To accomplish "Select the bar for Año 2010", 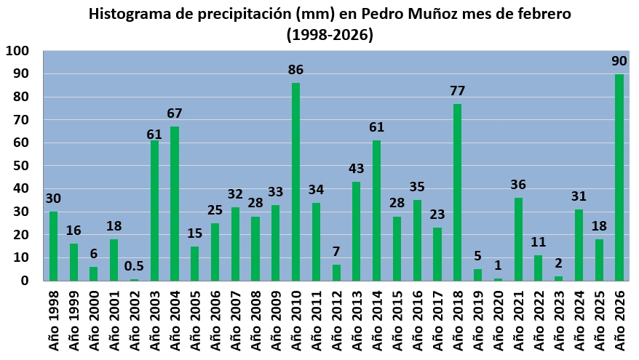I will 295,182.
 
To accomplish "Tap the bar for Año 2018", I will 457,192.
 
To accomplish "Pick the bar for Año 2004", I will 175,204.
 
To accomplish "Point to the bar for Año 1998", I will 53,246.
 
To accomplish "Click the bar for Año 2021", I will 518,239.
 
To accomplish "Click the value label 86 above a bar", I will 295,71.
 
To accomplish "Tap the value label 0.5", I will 134,267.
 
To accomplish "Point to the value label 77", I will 457,91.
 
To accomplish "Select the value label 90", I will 619,61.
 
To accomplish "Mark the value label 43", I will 357,169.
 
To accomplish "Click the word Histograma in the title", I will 130,14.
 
